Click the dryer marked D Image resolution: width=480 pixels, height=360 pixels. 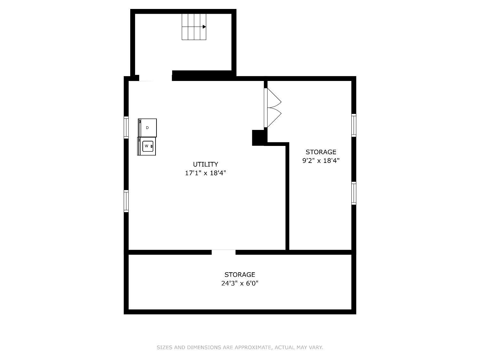point(148,128)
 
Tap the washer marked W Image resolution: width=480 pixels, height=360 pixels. point(147,146)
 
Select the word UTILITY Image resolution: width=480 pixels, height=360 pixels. point(205,164)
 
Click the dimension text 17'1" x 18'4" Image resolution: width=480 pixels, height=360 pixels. point(205,173)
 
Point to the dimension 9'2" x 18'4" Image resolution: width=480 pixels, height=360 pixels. point(321,161)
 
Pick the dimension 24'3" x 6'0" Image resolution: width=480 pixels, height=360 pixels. point(240,283)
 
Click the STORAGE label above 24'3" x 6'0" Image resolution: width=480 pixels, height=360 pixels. point(240,275)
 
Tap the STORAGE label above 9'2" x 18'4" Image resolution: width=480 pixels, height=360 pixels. point(321,152)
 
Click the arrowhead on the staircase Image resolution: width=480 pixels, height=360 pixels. point(204,27)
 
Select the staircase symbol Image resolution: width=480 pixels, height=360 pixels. point(194,27)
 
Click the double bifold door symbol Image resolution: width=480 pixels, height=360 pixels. point(273,108)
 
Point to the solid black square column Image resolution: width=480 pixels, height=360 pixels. point(259,138)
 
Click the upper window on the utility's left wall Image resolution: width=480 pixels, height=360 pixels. point(126,127)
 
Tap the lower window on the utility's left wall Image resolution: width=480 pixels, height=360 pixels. point(126,201)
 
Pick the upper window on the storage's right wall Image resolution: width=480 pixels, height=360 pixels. point(354,125)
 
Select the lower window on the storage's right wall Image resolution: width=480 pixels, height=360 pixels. point(354,193)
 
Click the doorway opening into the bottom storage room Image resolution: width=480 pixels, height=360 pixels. point(223,252)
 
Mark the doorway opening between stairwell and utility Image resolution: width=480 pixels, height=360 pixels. point(156,78)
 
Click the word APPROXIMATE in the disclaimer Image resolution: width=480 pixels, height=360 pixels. point(252,347)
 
